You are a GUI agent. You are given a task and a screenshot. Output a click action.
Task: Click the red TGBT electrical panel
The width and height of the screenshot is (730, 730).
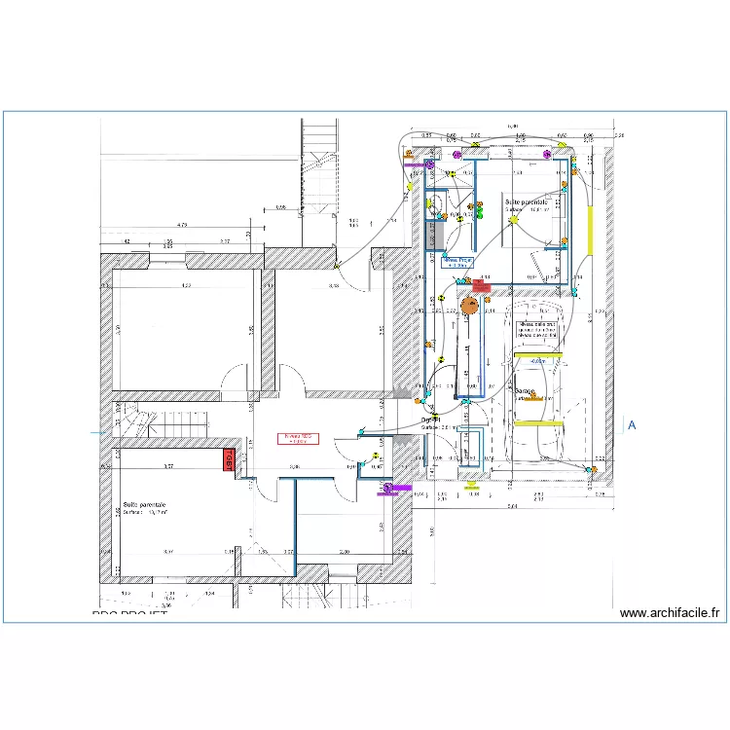tap(231, 460)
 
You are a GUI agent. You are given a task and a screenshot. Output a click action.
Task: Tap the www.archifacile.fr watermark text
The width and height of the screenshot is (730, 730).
tap(671, 613)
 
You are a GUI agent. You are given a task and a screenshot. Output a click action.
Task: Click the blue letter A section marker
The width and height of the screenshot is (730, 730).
tap(632, 425)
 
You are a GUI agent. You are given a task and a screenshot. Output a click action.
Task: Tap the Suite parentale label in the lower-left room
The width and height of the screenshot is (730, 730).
tap(144, 506)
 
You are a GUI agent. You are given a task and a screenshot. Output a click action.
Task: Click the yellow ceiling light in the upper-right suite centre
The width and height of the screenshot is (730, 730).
tap(515, 221)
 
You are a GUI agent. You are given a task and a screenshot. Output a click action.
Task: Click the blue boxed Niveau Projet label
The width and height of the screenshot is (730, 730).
tap(457, 262)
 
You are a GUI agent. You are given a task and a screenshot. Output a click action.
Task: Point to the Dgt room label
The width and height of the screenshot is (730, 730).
tap(431, 420)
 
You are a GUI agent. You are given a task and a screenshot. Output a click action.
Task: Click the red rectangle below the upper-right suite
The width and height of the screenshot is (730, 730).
tap(481, 285)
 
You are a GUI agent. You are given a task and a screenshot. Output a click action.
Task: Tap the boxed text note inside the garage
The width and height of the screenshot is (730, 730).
tap(537, 332)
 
